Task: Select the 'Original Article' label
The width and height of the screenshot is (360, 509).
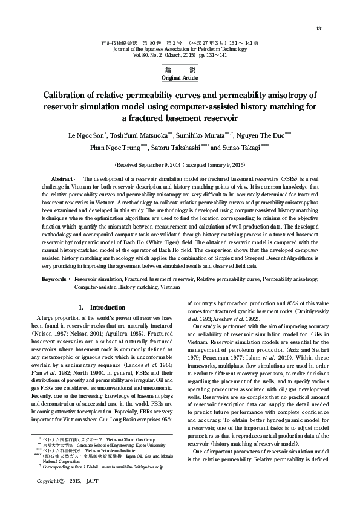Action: (180, 78)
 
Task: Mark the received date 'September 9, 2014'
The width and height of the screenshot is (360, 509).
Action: (155, 164)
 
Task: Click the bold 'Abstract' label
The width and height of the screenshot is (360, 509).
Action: (62, 180)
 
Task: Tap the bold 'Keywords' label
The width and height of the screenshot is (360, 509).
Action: (54, 280)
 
